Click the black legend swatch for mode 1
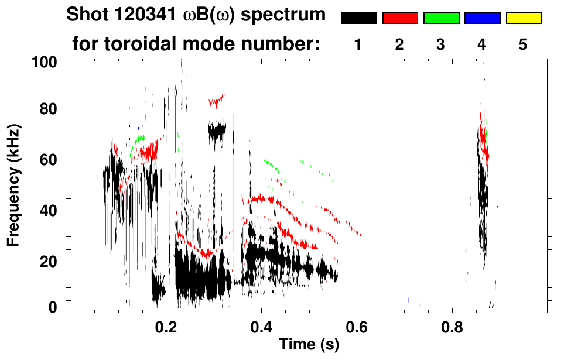[x=358, y=18]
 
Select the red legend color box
[x=400, y=18]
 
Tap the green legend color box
[x=441, y=18]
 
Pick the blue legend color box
[x=482, y=18]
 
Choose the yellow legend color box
[x=523, y=18]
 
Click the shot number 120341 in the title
[x=135, y=15]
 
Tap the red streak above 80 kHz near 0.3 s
[x=217, y=101]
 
